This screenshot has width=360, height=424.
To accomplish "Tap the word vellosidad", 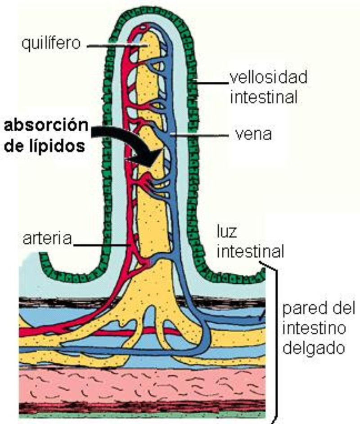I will tap(269, 77).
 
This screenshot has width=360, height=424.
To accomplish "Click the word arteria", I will tap(47, 238).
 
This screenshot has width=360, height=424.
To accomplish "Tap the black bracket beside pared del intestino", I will tap(272, 342).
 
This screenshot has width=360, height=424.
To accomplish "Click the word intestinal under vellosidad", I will tap(264, 97).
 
